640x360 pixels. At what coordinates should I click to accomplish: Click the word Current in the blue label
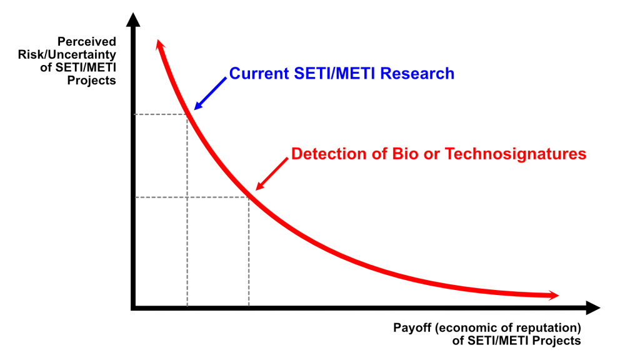(x=259, y=74)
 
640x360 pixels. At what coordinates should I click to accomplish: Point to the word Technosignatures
(x=516, y=154)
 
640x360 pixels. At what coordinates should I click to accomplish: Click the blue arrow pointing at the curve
(x=210, y=94)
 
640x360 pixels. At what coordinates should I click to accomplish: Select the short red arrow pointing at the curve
(x=272, y=174)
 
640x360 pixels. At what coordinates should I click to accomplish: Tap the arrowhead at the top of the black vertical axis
(x=133, y=19)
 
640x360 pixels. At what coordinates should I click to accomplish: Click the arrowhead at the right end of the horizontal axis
(x=593, y=307)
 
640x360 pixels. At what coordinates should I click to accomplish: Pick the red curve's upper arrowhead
(x=160, y=44)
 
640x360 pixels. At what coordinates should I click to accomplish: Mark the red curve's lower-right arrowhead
(x=554, y=295)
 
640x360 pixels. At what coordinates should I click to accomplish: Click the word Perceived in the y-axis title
(x=86, y=42)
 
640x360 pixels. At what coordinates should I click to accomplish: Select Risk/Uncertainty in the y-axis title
(x=67, y=55)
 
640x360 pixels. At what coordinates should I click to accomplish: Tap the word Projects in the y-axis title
(x=91, y=81)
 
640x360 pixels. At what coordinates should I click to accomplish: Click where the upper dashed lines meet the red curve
(x=187, y=114)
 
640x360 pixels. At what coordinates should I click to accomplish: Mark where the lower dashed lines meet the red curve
(x=249, y=197)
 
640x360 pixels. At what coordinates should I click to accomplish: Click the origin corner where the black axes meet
(x=133, y=307)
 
